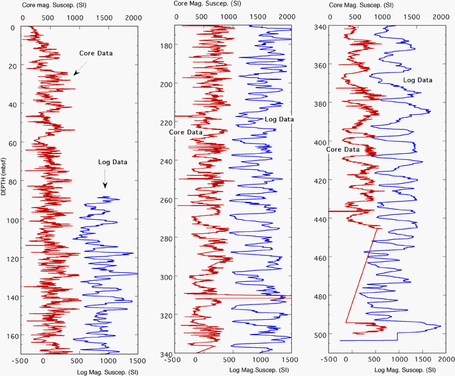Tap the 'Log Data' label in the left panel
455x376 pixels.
114,162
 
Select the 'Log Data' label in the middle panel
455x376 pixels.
279,119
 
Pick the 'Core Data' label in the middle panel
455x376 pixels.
186,132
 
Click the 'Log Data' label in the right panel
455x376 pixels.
418,80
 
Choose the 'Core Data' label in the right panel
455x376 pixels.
342,149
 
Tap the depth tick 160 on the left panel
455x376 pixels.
13,335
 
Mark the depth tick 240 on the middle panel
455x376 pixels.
166,161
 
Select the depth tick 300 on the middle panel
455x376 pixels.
166,277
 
